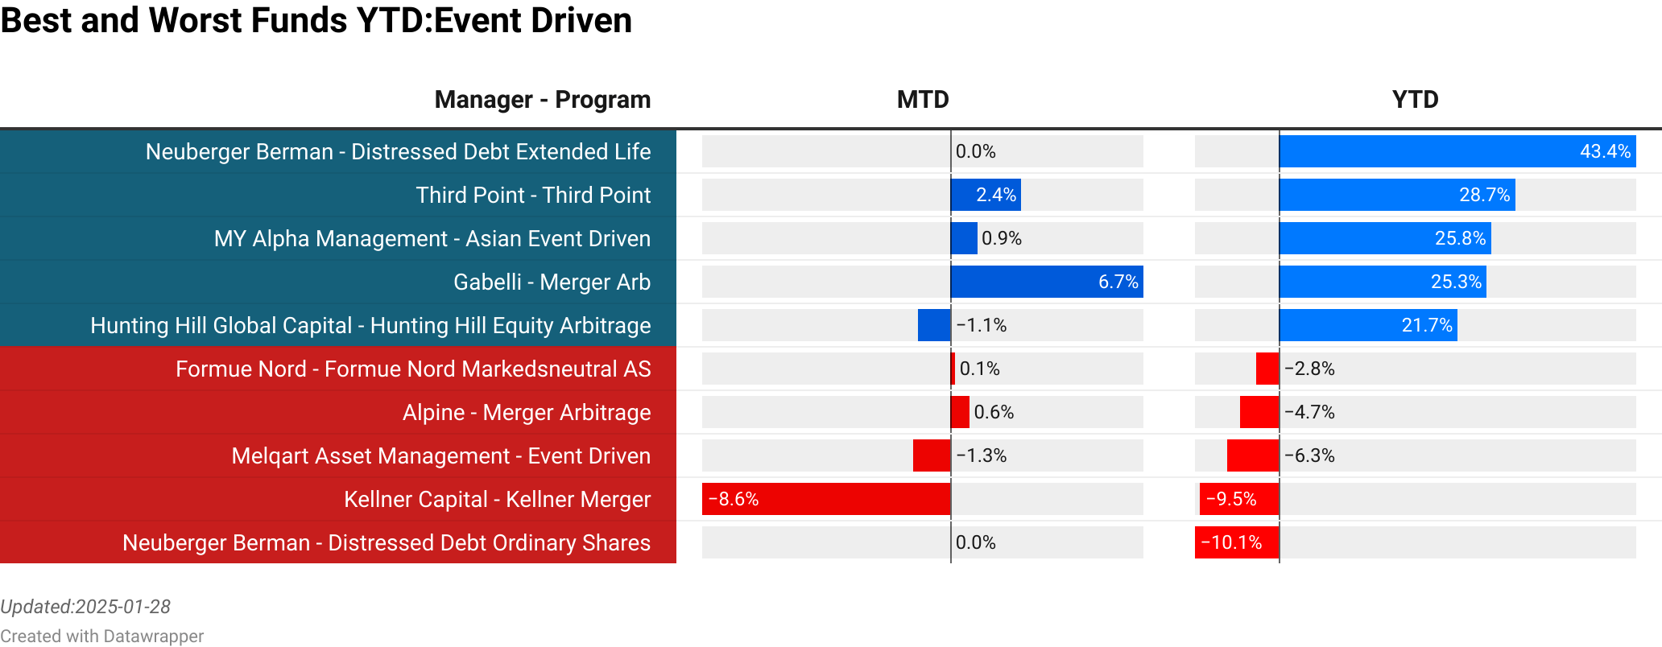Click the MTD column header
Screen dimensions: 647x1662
(x=923, y=100)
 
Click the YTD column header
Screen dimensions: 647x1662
(x=1415, y=100)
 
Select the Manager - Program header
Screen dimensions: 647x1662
(x=542, y=100)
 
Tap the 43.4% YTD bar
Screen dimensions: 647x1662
(x=1457, y=151)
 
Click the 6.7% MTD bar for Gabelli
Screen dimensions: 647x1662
(x=1046, y=282)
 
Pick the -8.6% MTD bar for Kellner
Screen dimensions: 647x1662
(x=826, y=499)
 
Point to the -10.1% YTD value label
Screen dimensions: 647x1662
(x=1231, y=542)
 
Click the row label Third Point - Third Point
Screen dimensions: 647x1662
(x=533, y=195)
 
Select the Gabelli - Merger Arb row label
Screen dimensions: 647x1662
(x=552, y=282)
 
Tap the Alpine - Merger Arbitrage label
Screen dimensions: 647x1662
(x=527, y=412)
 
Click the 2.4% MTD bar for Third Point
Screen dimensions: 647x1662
(x=986, y=195)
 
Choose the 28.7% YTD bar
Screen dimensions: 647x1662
(x=1396, y=195)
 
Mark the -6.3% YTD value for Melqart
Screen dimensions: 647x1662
(x=1309, y=455)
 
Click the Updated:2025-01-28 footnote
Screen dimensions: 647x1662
(x=85, y=607)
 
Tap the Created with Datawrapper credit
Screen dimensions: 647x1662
(x=101, y=636)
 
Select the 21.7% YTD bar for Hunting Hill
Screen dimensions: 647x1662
(x=1367, y=325)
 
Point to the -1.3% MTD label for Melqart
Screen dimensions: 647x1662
(x=982, y=455)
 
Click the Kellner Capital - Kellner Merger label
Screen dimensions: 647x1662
(x=497, y=499)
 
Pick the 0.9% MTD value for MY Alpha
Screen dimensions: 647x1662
(x=1002, y=238)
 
